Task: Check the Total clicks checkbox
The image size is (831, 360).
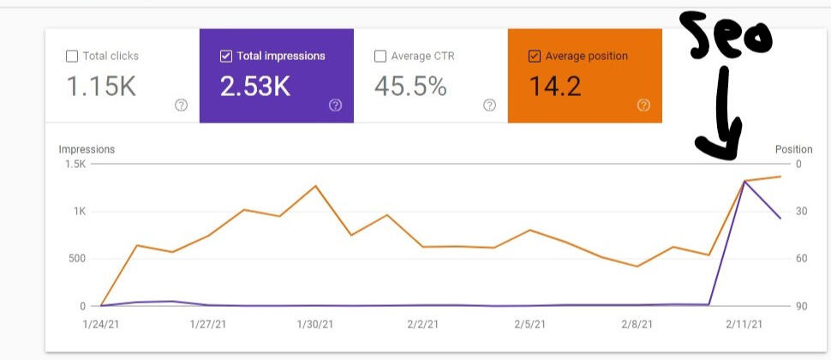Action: [72, 57]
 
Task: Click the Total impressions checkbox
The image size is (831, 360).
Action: [226, 57]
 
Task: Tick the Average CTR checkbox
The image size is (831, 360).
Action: [380, 57]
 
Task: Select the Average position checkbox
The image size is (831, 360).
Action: [535, 57]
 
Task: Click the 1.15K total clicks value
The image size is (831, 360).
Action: [100, 87]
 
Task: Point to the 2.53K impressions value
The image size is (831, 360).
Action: [255, 87]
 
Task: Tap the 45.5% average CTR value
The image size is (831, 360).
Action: [410, 87]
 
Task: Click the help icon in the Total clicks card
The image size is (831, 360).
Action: [181, 105]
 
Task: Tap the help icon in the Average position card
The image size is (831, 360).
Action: [643, 105]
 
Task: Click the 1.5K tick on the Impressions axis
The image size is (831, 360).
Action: [75, 164]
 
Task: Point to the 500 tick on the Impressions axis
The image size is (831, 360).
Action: [77, 259]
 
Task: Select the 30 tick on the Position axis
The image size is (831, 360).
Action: [801, 212]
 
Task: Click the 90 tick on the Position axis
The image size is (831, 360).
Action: [801, 306]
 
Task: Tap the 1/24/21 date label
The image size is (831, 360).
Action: [101, 324]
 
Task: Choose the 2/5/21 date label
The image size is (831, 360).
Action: [529, 324]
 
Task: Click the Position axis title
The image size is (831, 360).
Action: [793, 149]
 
